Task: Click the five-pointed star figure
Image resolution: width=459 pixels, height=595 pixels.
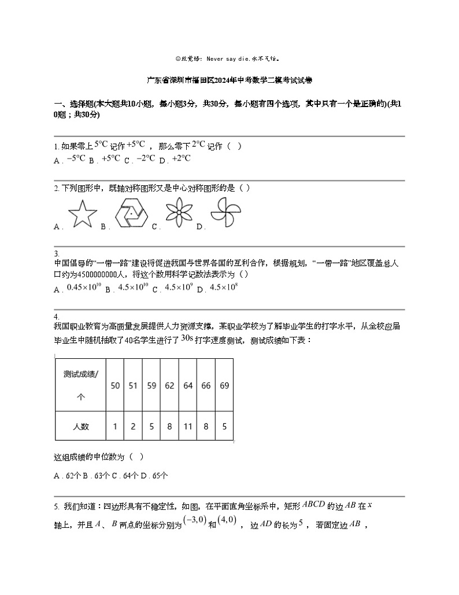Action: click(83, 215)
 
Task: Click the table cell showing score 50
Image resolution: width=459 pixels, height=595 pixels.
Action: click(115, 385)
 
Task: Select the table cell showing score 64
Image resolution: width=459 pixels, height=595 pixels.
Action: click(188, 385)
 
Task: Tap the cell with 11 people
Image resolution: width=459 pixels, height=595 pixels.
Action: click(188, 427)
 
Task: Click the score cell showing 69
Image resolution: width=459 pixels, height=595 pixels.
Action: click(224, 385)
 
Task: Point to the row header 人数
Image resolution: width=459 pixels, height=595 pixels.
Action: click(81, 427)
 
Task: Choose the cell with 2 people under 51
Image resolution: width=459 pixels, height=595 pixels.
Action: click(133, 427)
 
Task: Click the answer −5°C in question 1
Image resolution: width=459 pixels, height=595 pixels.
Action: click(76, 159)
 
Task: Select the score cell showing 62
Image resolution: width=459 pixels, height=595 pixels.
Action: click(169, 385)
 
